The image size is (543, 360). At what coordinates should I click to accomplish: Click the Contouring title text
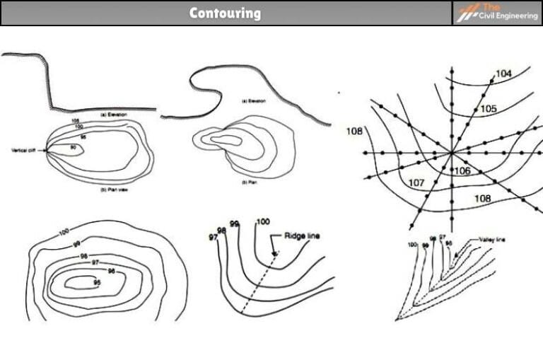(x=225, y=13)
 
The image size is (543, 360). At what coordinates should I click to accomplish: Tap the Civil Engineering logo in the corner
(x=496, y=13)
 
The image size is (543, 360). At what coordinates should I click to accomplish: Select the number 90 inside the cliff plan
(x=72, y=147)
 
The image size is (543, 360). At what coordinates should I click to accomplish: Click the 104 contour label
(x=503, y=74)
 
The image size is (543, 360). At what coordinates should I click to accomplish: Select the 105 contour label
(x=488, y=109)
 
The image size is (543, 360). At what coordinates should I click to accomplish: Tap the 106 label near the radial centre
(x=462, y=170)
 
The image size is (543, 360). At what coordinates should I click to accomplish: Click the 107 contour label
(x=416, y=183)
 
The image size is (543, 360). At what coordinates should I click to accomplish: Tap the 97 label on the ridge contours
(x=213, y=236)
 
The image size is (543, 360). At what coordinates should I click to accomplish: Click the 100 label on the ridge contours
(x=262, y=222)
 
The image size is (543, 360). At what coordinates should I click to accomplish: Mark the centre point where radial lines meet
(x=451, y=153)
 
